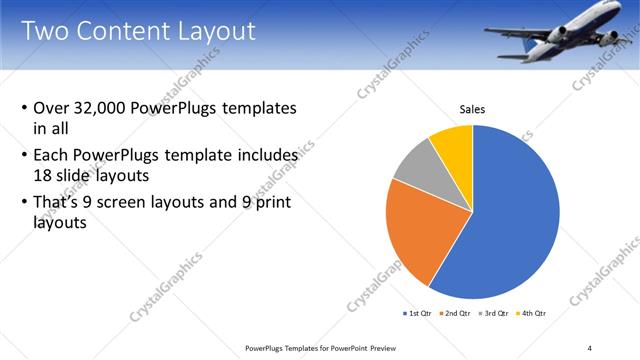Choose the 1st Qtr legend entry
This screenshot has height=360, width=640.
click(417, 313)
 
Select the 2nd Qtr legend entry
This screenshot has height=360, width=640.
click(455, 313)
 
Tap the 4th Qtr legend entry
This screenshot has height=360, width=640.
click(529, 313)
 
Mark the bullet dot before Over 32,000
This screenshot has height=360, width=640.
click(24, 108)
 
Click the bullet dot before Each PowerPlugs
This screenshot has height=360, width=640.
click(24, 156)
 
